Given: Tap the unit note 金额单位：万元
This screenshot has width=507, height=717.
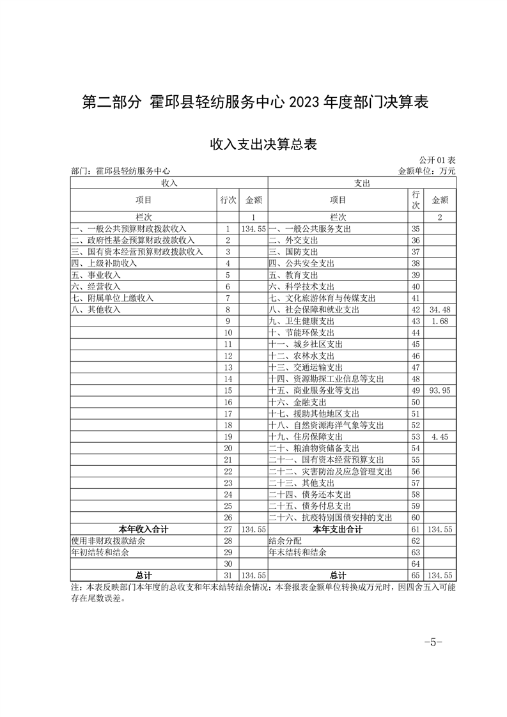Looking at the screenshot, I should pyautogui.click(x=426, y=171).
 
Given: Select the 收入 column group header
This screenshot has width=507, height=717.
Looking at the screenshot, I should pyautogui.click(x=169, y=183).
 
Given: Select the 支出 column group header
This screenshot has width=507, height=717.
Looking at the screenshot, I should pyautogui.click(x=362, y=183).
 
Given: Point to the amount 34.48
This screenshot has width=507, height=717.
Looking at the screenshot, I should pyautogui.click(x=441, y=309).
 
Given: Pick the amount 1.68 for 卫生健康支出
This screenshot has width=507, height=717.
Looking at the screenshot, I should pyautogui.click(x=441, y=321).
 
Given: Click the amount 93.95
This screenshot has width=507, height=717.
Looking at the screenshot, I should pyautogui.click(x=441, y=390).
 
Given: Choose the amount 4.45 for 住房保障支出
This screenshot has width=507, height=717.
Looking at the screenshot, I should pyautogui.click(x=441, y=436).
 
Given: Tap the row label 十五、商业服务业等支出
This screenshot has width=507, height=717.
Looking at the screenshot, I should pyautogui.click(x=314, y=390).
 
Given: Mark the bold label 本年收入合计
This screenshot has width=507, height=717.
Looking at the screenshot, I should pyautogui.click(x=144, y=529).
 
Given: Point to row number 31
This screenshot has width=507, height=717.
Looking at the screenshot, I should pyautogui.click(x=228, y=575).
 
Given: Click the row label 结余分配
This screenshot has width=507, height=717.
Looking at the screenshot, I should pyautogui.click(x=284, y=541).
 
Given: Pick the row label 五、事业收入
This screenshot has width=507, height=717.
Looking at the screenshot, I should pyautogui.click(x=95, y=275).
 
